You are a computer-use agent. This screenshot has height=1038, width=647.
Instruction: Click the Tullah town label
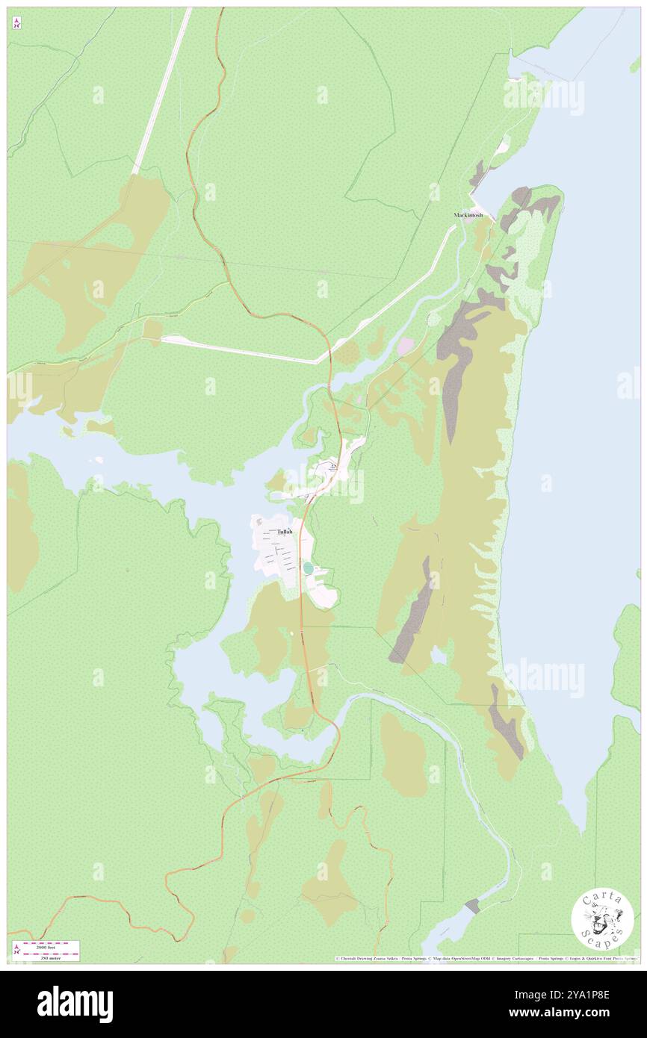tap(285, 532)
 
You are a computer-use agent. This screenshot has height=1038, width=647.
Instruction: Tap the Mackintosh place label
tap(468, 215)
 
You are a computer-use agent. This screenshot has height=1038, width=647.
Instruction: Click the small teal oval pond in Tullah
tap(309, 569)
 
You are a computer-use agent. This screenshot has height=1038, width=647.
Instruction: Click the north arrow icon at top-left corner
tap(16, 23)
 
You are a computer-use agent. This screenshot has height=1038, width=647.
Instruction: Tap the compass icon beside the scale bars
tap(16, 950)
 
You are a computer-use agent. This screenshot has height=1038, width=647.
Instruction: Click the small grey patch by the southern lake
tap(471, 906)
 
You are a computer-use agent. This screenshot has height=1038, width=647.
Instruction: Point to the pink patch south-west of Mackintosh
tap(405, 346)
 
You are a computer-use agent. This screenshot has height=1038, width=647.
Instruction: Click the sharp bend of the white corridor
tap(318, 362)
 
